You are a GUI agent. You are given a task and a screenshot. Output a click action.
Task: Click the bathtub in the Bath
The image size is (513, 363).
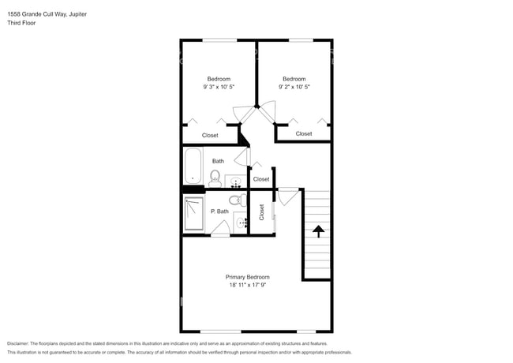point(194,168)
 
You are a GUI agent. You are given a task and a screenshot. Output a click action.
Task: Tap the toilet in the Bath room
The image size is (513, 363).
point(215,178)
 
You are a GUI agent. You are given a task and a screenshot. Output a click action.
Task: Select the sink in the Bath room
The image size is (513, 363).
point(234,182)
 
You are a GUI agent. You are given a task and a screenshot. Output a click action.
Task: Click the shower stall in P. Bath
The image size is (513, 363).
point(193,214)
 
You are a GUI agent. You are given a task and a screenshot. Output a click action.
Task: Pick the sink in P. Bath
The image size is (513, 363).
point(242,224)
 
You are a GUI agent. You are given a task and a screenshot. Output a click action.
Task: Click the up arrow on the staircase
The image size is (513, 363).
point(318,231)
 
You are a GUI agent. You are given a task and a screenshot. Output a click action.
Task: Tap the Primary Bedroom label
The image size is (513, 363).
point(247,277)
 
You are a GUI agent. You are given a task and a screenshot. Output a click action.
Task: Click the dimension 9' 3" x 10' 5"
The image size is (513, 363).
point(219,88)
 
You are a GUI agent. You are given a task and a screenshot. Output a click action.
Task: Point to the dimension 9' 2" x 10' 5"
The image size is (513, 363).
point(294,88)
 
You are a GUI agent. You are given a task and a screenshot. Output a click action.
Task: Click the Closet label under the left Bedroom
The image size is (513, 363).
point(210,135)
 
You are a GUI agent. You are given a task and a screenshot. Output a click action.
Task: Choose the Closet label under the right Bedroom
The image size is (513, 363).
point(304,133)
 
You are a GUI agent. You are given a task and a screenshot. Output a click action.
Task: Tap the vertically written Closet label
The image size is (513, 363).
point(261,211)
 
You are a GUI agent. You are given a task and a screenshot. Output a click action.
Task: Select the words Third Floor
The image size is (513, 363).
point(21,23)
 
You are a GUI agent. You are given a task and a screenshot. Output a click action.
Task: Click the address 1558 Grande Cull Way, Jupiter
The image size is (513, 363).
point(47,13)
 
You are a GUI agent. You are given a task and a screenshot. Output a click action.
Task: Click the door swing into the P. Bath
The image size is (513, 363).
point(220,229)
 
